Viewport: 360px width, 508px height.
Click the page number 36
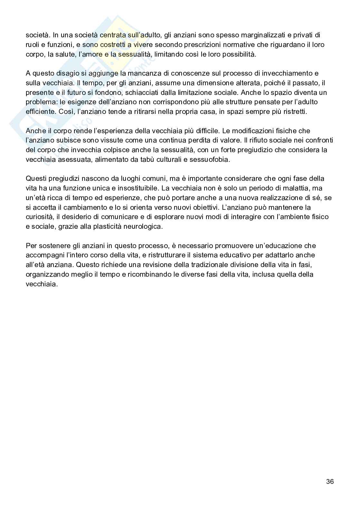pyautogui.click(x=330, y=482)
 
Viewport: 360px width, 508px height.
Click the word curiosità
pyautogui.click(x=39, y=217)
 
